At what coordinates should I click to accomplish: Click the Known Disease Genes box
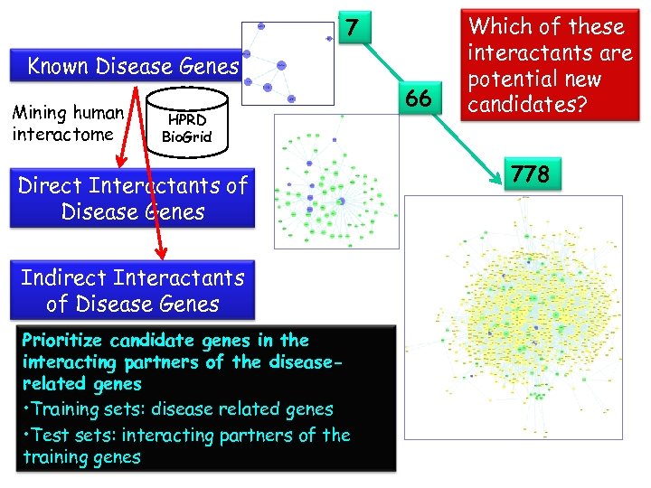[132, 66]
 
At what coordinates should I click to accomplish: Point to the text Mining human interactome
[67, 124]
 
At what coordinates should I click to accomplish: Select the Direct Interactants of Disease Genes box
[132, 199]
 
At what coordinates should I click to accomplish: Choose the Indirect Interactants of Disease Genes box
[132, 290]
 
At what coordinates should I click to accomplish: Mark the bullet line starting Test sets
[185, 436]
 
